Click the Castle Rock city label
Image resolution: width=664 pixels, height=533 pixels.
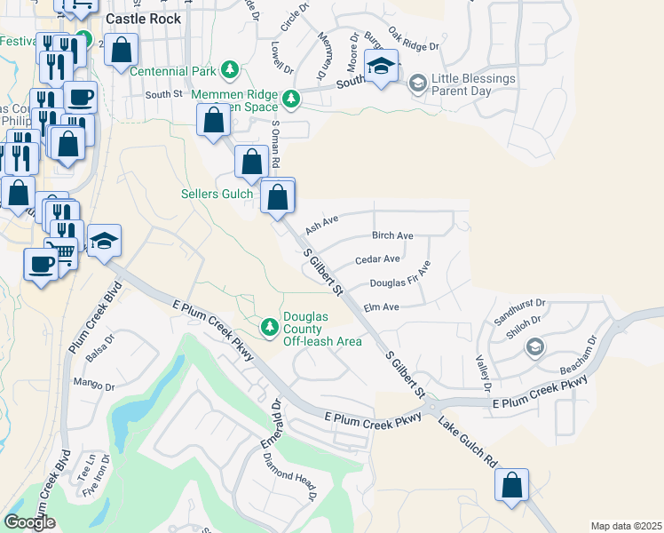(x=143, y=19)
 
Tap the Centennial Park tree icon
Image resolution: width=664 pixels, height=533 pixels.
(x=230, y=69)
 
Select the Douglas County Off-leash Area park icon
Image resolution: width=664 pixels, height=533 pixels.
(x=270, y=329)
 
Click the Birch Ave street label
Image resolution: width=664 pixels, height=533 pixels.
(x=392, y=236)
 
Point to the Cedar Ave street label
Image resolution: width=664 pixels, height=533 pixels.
(x=377, y=259)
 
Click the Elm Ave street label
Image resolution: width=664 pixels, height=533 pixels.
(x=382, y=306)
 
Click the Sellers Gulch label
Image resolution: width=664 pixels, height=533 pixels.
(x=217, y=194)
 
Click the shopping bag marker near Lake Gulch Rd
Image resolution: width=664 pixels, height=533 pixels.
(x=511, y=486)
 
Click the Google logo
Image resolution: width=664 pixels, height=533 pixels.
(x=29, y=522)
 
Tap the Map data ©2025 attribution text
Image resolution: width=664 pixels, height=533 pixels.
(x=626, y=526)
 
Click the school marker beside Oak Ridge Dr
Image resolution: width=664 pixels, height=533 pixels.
(x=382, y=67)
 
